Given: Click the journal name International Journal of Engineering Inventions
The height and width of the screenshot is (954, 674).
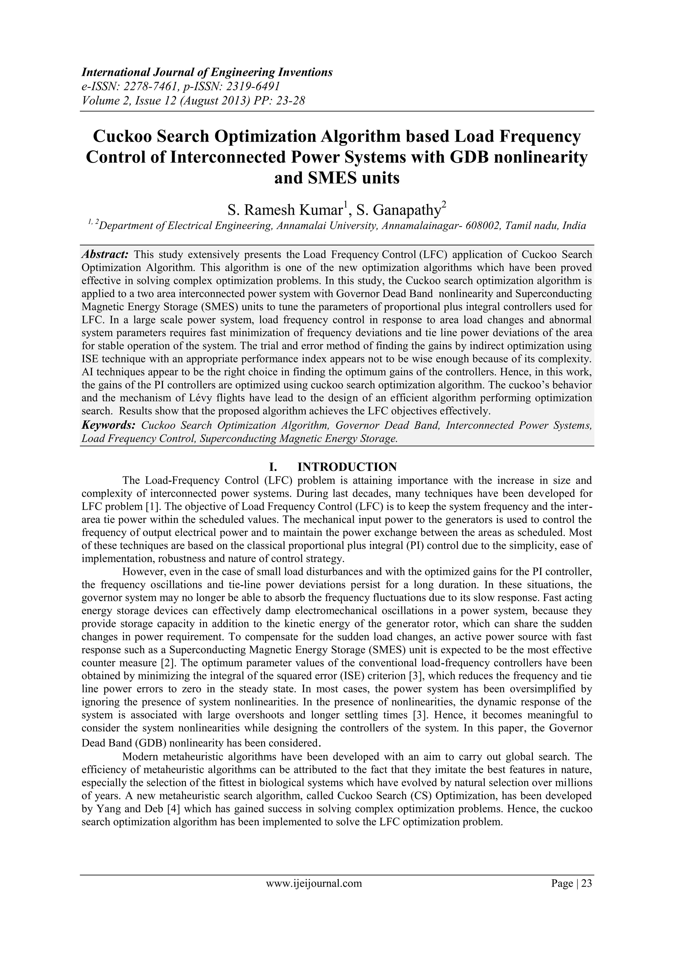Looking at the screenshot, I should tap(207, 72).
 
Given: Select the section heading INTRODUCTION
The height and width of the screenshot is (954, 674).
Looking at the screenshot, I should tap(347, 467).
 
